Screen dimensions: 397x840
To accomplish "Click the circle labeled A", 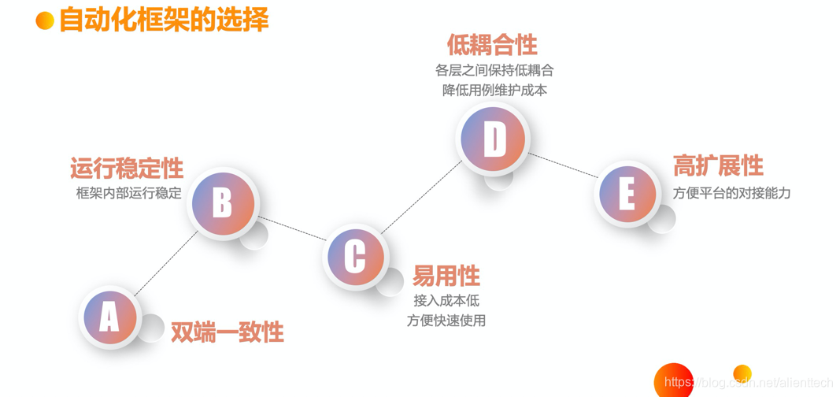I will [x=109, y=317].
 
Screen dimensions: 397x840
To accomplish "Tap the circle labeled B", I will [x=223, y=202].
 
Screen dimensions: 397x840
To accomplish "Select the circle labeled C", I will [x=355, y=256].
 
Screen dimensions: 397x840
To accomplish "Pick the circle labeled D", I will [x=494, y=139].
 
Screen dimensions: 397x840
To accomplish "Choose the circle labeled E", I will [x=627, y=193].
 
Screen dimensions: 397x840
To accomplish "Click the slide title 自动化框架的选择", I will [x=164, y=20].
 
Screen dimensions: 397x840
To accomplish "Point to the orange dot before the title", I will [x=45, y=20].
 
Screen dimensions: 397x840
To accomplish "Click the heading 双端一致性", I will [x=227, y=332].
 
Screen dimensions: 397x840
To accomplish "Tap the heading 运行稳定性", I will [x=127, y=168].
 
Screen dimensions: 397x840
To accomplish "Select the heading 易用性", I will [x=446, y=276].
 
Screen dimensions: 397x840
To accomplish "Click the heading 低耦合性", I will [x=492, y=44].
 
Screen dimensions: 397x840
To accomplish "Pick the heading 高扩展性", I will [x=718, y=165].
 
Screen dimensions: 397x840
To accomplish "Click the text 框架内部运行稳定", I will [x=129, y=192].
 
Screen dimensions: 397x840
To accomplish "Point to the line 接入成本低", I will [x=446, y=300].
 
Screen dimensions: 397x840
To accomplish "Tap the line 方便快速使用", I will [x=446, y=321].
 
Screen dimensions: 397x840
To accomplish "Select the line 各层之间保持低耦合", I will [x=494, y=70].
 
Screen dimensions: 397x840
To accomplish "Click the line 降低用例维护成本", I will [x=494, y=90].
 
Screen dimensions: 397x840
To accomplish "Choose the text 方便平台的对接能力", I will [x=731, y=192].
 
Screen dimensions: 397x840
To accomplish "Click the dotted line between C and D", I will [x=420, y=197].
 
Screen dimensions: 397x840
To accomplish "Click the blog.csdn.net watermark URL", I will [x=748, y=383].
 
